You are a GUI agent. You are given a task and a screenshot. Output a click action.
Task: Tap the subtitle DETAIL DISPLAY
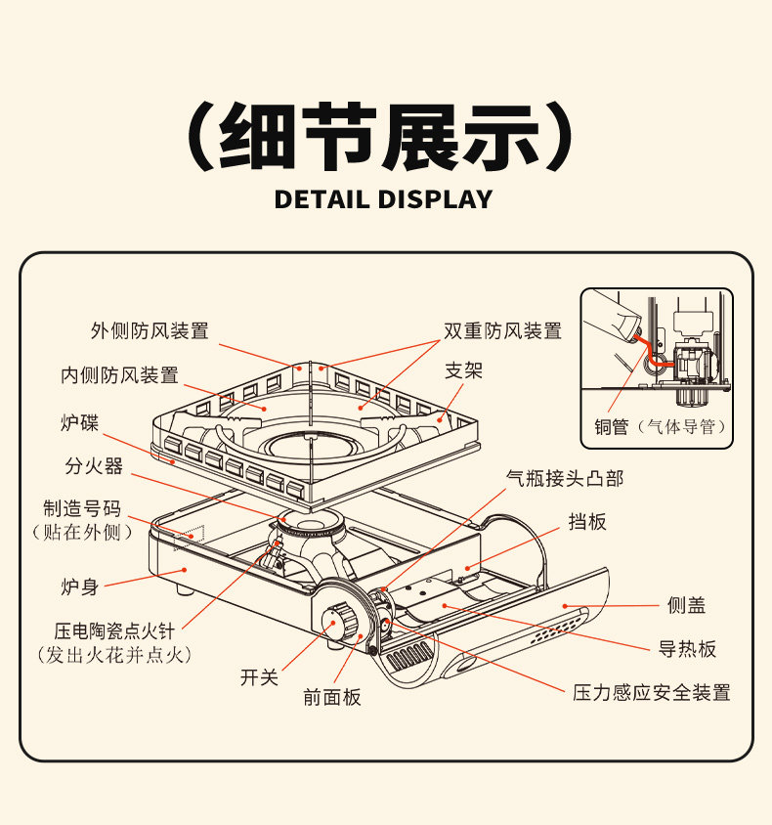pos(384,199)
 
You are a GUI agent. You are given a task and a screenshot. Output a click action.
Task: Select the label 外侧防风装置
pos(150,331)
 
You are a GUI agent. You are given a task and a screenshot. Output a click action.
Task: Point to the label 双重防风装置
pos(503,331)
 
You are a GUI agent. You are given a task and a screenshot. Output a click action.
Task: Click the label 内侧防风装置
pos(120,375)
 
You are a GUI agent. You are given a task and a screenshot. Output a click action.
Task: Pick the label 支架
pos(464,370)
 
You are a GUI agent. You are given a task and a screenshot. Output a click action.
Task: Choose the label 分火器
pos(95,466)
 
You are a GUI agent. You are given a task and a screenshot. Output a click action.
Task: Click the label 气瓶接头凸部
pos(565,478)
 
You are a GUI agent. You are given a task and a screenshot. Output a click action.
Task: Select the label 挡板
pos(587,522)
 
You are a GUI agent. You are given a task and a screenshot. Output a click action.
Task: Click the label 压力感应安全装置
pos(652,693)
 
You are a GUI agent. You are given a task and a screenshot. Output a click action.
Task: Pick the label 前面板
pos(332,697)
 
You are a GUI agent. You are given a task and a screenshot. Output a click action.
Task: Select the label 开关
pos(260,677)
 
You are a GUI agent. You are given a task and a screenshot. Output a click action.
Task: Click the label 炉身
pos(80,587)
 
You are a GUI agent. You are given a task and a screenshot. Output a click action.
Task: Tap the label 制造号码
pos(82,508)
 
